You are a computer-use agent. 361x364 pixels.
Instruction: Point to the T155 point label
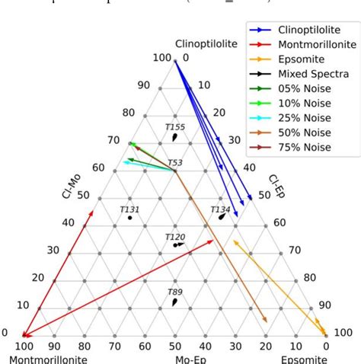click(x=175, y=127)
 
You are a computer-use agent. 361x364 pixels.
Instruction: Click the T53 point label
click(x=175, y=162)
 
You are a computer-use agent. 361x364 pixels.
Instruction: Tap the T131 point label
click(x=129, y=209)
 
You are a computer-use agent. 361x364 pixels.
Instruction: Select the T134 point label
click(x=220, y=209)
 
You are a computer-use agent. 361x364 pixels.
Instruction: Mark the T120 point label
click(x=175, y=237)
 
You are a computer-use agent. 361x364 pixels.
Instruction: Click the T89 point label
click(x=175, y=292)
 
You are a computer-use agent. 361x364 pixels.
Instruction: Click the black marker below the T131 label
click(x=129, y=218)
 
